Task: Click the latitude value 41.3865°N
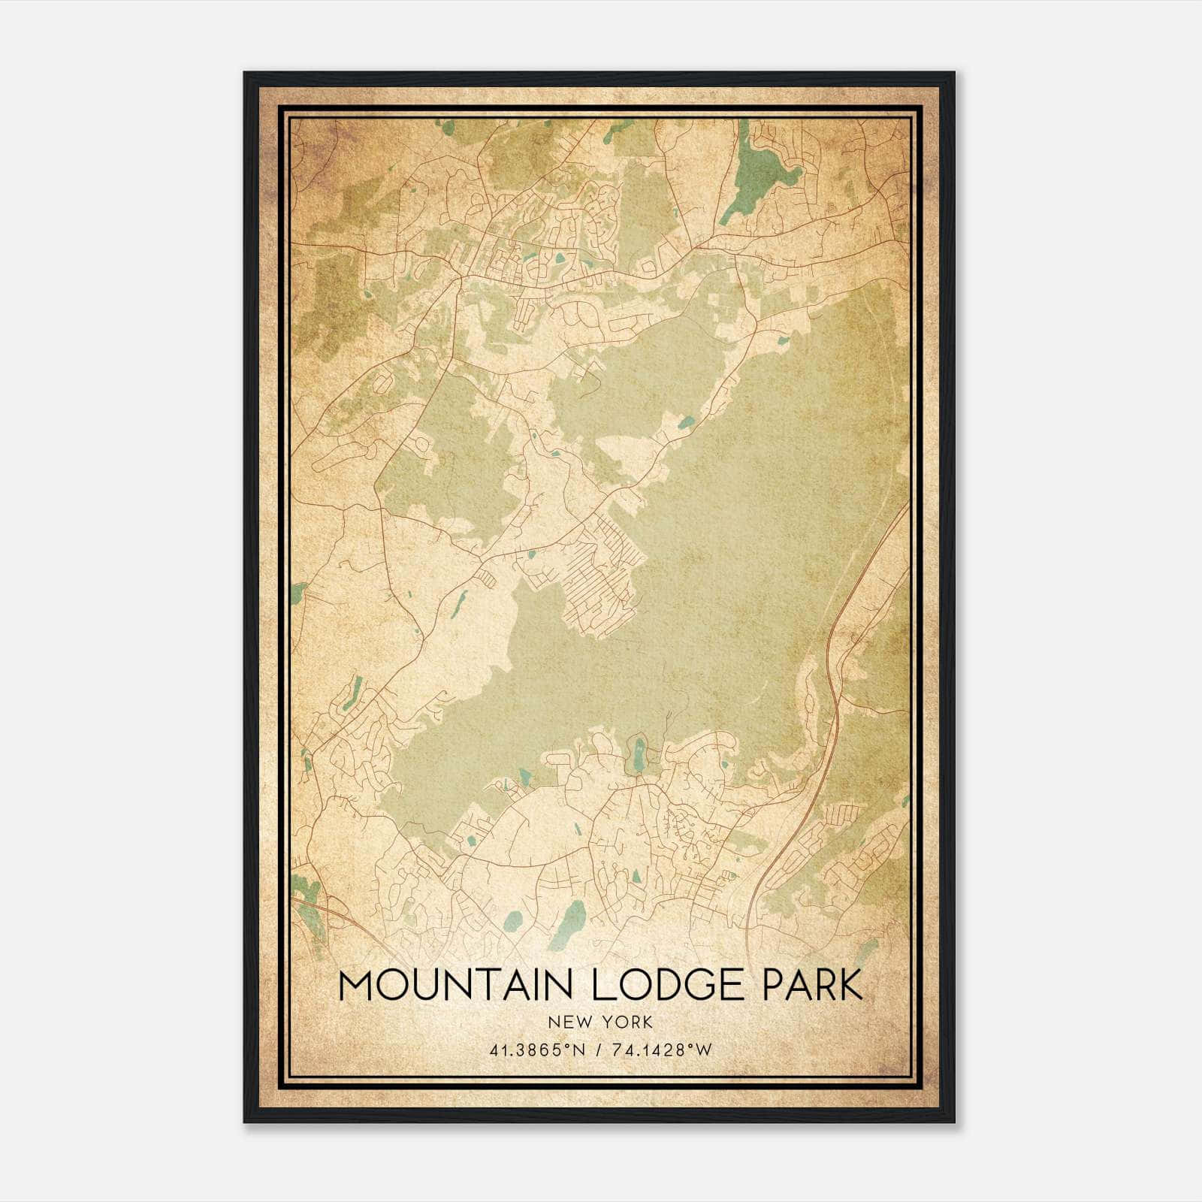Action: (x=536, y=1050)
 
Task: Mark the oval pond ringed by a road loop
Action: (x=639, y=751)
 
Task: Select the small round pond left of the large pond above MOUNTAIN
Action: (x=513, y=920)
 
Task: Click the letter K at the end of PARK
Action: (x=850, y=986)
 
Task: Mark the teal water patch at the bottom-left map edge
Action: (x=307, y=898)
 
